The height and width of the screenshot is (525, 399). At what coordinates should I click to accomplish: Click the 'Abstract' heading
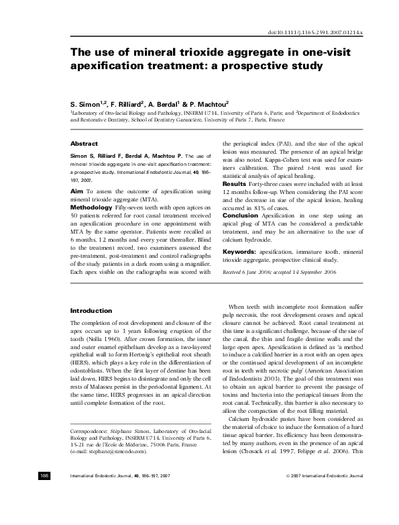(x=84, y=144)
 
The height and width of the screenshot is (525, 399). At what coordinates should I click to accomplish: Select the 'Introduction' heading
(x=91, y=311)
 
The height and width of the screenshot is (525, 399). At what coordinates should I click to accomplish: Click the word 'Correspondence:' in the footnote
(x=93, y=430)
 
